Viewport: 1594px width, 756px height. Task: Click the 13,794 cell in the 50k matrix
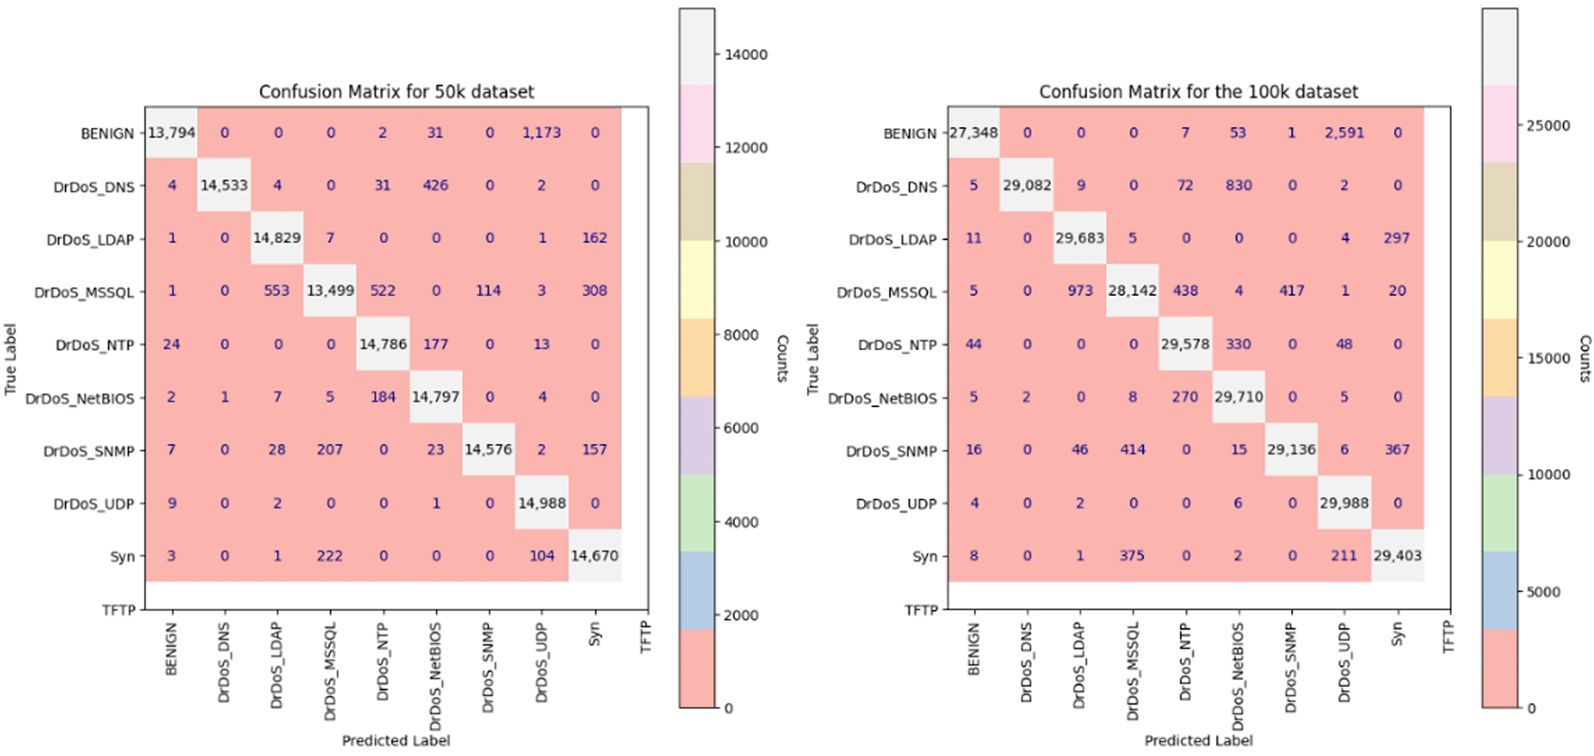(x=172, y=133)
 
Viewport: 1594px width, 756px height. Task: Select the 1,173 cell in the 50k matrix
(x=541, y=133)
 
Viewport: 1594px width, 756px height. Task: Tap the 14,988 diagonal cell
(x=541, y=503)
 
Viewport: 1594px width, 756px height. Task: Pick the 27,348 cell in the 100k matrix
(x=974, y=133)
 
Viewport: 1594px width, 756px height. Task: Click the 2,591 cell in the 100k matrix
(x=1344, y=133)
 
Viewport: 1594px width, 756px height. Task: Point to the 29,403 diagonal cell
(x=1397, y=556)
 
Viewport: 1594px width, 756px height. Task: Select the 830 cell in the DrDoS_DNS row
(x=1239, y=185)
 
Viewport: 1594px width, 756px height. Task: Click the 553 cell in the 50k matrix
(x=277, y=291)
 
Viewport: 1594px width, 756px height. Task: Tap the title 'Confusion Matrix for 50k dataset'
(x=396, y=91)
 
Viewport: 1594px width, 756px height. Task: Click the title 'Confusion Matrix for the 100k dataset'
(x=1198, y=91)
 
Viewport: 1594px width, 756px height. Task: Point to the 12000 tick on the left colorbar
(x=745, y=148)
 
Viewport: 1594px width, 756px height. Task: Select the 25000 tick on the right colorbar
(x=1547, y=125)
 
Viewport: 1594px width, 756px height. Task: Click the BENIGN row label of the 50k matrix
(x=107, y=134)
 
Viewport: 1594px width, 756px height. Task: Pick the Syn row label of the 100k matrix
(x=925, y=556)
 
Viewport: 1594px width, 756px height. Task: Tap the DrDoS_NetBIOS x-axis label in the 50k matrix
(x=436, y=677)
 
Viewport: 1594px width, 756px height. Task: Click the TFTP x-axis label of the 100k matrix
(x=1448, y=637)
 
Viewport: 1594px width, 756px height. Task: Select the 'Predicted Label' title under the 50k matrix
(x=396, y=741)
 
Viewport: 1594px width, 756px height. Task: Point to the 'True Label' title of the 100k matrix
(x=813, y=359)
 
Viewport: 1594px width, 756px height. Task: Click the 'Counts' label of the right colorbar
(x=1585, y=359)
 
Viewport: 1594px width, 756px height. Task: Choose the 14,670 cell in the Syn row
(x=594, y=556)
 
